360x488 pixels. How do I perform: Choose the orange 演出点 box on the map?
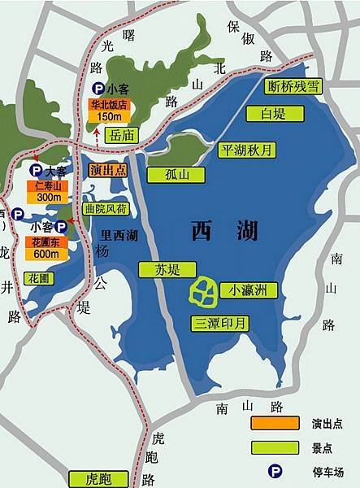coord(110,171)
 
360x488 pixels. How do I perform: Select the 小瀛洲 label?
coord(253,289)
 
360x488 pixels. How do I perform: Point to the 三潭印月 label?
coord(219,322)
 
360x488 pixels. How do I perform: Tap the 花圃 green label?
coord(39,277)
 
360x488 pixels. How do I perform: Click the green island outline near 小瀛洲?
coord(203,290)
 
